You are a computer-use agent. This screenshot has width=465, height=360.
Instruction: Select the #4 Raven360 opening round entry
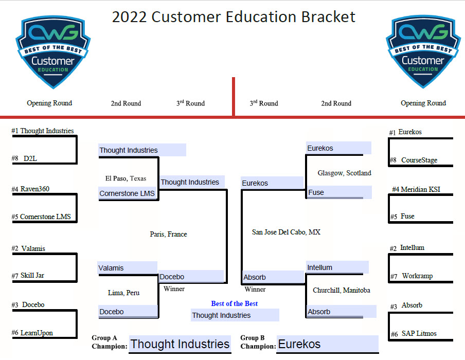30,189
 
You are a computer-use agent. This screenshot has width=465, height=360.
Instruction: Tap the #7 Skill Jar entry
28,276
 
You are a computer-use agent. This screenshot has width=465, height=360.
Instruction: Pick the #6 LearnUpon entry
32,333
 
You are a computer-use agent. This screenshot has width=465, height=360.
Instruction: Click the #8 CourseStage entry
414,160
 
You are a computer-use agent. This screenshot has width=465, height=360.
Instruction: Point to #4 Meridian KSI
416,189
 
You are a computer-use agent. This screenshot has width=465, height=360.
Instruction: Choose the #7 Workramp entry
412,276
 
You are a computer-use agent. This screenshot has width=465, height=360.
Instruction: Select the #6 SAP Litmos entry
414,334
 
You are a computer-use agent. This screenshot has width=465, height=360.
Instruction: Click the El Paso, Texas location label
126,178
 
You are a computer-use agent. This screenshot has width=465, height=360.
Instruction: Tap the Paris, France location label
168,235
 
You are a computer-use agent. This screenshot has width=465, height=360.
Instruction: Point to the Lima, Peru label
123,293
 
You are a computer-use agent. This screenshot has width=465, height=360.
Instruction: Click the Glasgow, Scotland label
344,173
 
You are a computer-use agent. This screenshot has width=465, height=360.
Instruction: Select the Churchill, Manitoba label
342,290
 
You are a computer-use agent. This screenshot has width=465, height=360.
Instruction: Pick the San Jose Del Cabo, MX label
286,232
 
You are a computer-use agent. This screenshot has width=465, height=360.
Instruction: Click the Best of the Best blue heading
234,303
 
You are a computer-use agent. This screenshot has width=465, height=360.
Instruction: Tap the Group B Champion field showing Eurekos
327,344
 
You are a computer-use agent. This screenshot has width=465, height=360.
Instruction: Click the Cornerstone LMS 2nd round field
128,193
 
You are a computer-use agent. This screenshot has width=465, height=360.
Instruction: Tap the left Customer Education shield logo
53,52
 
